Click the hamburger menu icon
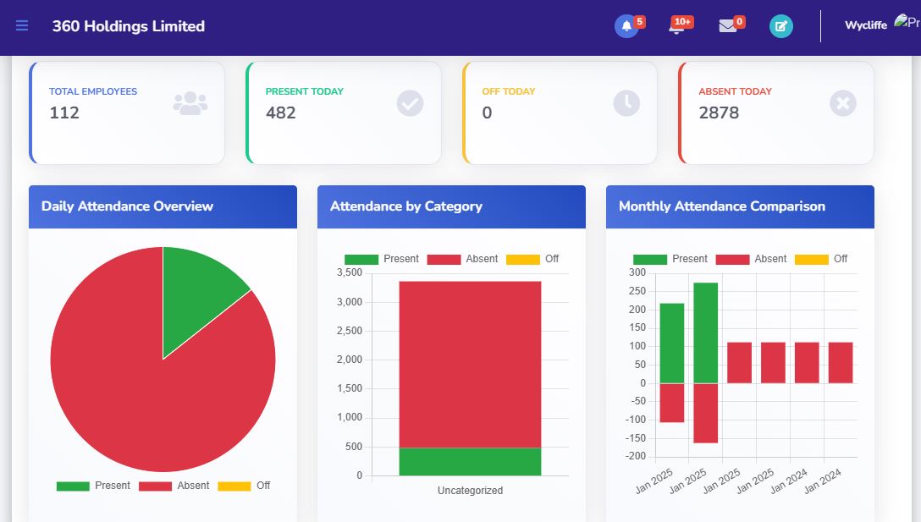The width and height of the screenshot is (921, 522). pos(22,26)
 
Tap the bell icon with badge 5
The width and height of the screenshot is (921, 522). pos(626,26)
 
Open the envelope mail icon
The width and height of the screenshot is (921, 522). pos(728,26)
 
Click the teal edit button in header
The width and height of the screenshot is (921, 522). pos(781,26)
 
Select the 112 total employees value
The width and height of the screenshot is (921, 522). pos(64,113)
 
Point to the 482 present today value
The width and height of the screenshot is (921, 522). pos(281,113)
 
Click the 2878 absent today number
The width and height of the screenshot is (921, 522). pos(719,113)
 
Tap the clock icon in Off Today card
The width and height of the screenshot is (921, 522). pos(626,103)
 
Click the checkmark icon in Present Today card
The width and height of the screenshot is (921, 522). pos(410,103)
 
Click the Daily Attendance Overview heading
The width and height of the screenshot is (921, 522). pos(127,206)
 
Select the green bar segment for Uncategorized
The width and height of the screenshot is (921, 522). pos(470,461)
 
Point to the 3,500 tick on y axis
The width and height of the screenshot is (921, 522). pos(350,272)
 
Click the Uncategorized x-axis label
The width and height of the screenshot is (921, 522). pos(470,491)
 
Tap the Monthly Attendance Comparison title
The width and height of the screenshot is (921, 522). pos(722,206)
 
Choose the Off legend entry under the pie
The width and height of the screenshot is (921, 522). pos(245,486)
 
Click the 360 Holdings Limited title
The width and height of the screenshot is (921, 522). pos(129,26)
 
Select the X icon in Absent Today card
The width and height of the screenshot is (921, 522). pos(843,103)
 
